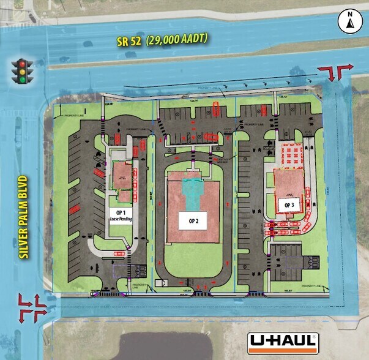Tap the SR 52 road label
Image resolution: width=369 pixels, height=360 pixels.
coord(130,41)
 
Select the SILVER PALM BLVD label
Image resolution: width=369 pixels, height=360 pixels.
coord(24,217)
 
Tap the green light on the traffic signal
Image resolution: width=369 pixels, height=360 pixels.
coord(23,79)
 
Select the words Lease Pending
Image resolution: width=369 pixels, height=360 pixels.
coord(121,218)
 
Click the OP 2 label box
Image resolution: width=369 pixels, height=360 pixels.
coord(193,220)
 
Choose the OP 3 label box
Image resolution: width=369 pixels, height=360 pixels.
coord(288,204)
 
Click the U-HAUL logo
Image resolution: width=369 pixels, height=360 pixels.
coord(282,343)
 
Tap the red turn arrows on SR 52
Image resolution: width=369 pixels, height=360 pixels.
coord(339,72)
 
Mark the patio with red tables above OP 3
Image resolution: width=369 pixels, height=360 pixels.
coord(290,155)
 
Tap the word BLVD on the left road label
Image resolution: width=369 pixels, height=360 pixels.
coord(24,187)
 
